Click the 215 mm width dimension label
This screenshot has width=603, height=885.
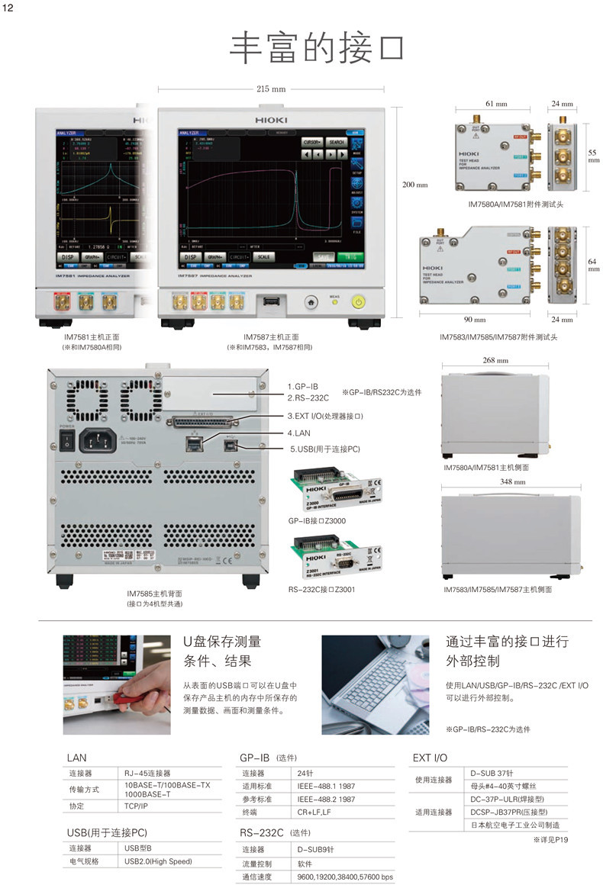pyautogui.click(x=271, y=88)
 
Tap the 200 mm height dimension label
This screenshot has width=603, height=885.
pyautogui.click(x=416, y=185)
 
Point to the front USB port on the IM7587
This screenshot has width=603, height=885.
pyautogui.click(x=270, y=302)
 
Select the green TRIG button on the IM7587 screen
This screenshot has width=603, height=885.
pyautogui.click(x=347, y=257)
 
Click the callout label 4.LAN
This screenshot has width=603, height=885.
pyautogui.click(x=301, y=433)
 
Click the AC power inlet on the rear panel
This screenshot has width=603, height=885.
pyautogui.click(x=102, y=439)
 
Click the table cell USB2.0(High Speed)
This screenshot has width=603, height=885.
pyautogui.click(x=158, y=861)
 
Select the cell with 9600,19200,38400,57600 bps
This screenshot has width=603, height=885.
pyautogui.click(x=345, y=877)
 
